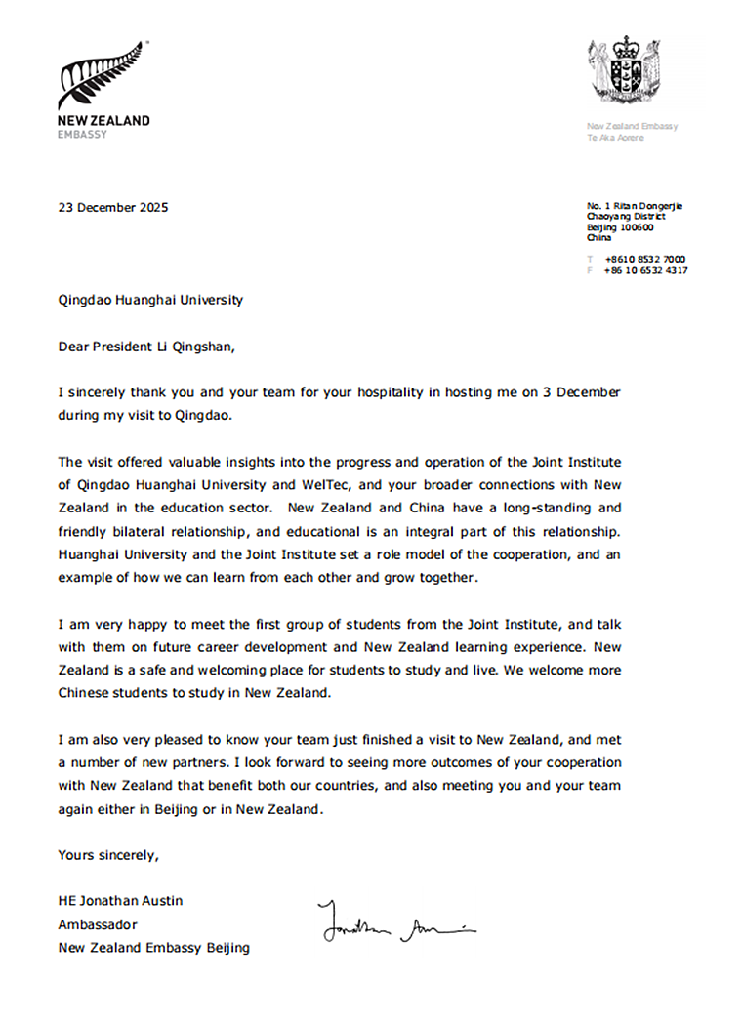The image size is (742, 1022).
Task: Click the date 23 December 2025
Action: pyautogui.click(x=113, y=207)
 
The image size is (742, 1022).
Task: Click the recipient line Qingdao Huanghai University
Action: pyautogui.click(x=150, y=300)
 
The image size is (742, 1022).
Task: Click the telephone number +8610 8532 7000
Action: pyautogui.click(x=644, y=259)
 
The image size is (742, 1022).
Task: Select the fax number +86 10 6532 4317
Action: pyautogui.click(x=645, y=270)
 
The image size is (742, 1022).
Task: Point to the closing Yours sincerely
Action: pyautogui.click(x=107, y=855)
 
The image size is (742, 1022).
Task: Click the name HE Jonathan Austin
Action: pyautogui.click(x=119, y=900)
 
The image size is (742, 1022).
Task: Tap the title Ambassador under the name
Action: pyautogui.click(x=98, y=923)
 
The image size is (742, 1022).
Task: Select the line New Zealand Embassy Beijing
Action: pyautogui.click(x=153, y=947)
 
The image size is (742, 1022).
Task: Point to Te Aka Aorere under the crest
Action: pyautogui.click(x=615, y=138)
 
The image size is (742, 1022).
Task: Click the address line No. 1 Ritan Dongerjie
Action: pyautogui.click(x=635, y=205)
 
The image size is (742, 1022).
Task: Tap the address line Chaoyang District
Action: pyautogui.click(x=626, y=216)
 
